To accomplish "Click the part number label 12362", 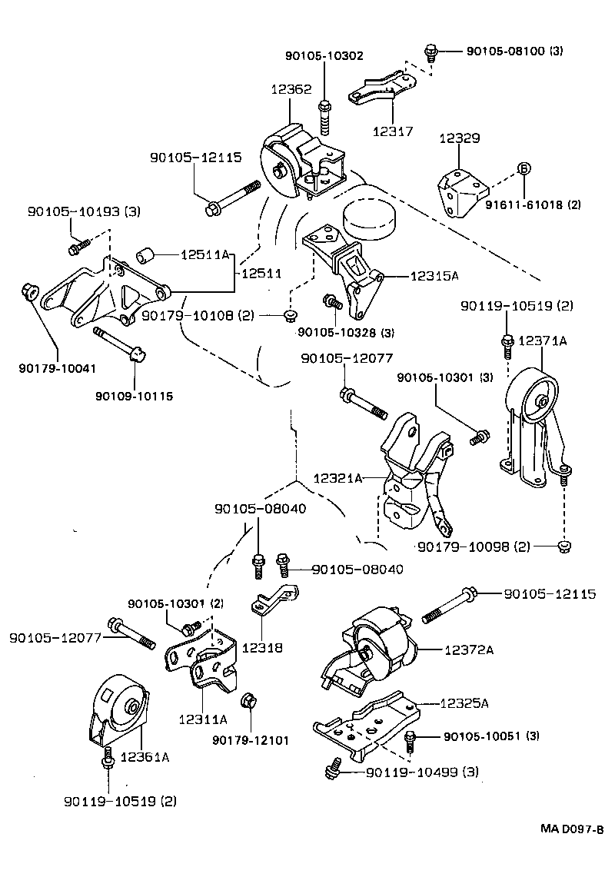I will (291, 89).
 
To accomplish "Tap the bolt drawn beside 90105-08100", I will (431, 53).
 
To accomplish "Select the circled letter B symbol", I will (524, 169).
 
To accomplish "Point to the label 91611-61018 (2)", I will (533, 205).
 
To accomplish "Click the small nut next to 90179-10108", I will (291, 315).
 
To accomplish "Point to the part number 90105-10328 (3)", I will (346, 332).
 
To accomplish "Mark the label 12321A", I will (337, 478).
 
